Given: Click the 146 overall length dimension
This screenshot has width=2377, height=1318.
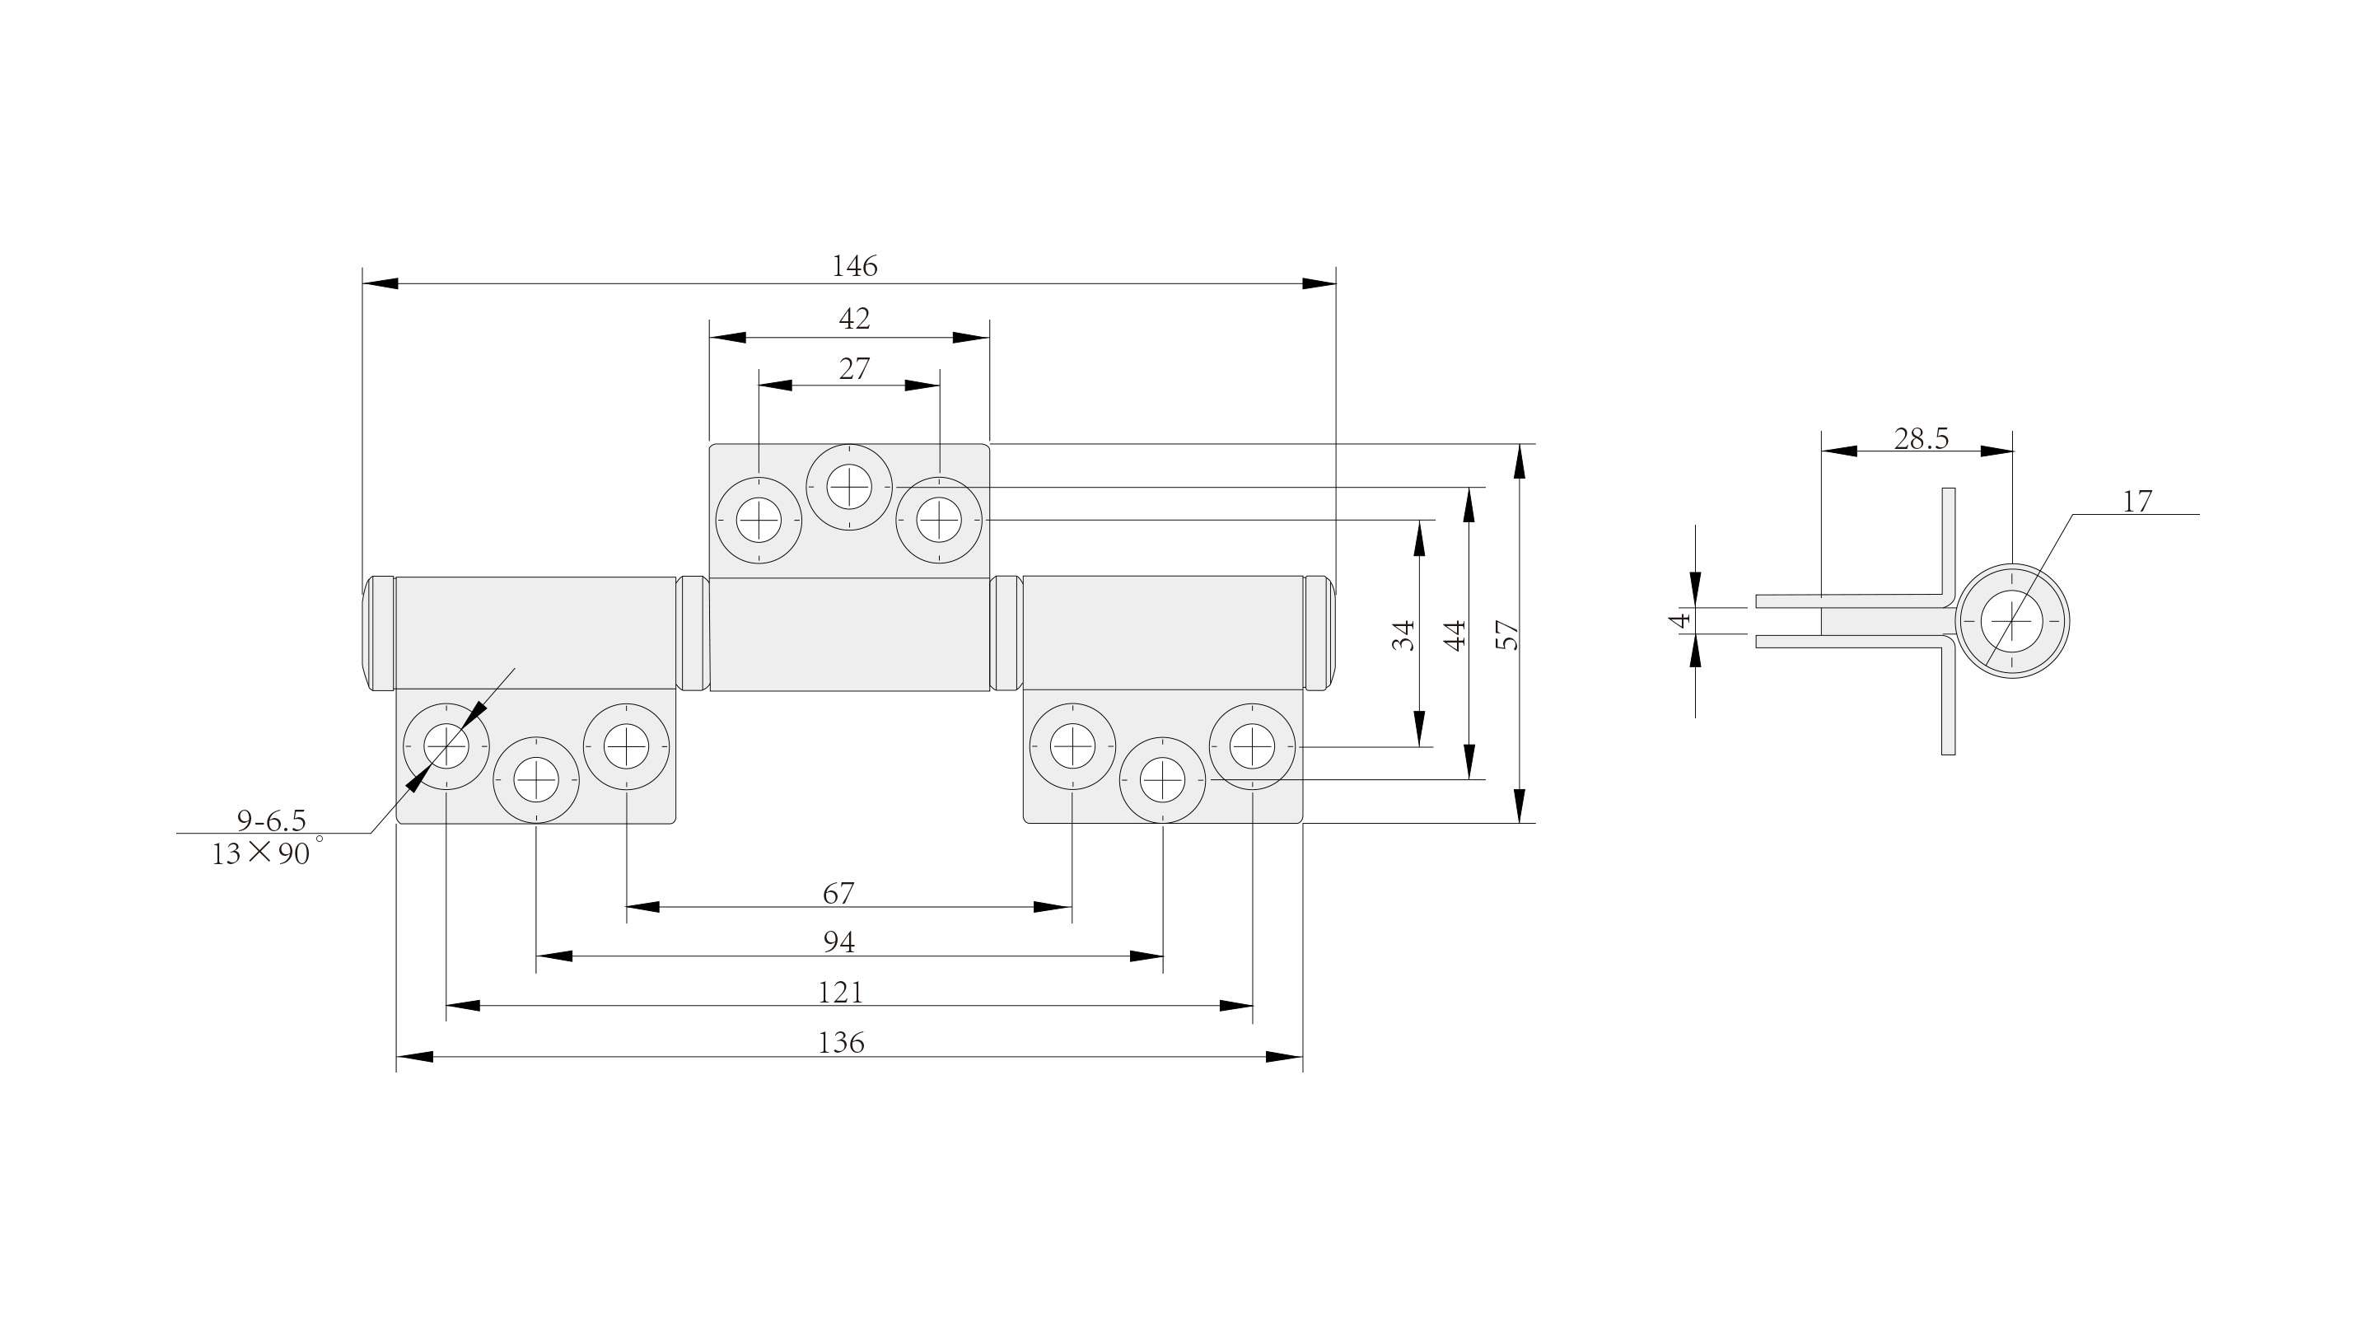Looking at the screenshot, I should pos(854,267).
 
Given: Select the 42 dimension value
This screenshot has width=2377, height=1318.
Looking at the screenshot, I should pos(854,320).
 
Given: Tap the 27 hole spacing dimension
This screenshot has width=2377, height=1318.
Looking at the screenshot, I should pos(854,369).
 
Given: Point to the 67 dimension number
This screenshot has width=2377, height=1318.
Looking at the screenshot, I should pos(838,894).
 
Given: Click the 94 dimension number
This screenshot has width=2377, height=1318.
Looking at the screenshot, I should pos(838,942).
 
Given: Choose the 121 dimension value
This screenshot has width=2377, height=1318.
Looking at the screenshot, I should pos(841,993).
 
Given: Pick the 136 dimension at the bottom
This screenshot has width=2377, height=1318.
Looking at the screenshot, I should pos(841,1043).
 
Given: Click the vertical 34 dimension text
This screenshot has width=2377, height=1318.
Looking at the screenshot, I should pos(1403,635).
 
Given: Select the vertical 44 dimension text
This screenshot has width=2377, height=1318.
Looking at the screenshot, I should pos(1455,635).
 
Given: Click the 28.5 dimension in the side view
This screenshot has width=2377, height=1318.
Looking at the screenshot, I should pos(1922,439).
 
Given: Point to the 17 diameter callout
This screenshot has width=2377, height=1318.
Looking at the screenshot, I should pos(2137,502).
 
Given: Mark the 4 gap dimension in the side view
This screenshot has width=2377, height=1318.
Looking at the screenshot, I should pos(1681,620).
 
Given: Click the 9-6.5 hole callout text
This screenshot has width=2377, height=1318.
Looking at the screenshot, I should pos(271,820).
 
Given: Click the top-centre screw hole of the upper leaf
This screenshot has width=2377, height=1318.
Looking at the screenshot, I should pos(849,486).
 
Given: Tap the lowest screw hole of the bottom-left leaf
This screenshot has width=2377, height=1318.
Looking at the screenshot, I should pos(536,780).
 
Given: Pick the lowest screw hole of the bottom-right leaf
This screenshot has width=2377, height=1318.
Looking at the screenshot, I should pos(1163,780).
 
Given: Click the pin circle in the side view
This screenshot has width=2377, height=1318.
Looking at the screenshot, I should pos(2012,621).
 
